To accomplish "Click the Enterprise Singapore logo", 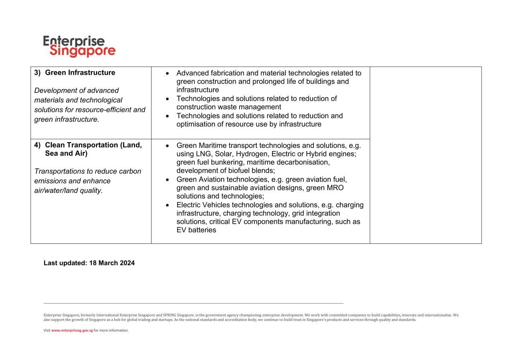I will (79, 46).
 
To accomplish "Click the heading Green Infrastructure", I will (80, 73).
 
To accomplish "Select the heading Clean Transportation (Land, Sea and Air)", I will (93, 149).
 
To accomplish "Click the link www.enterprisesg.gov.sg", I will (72, 331).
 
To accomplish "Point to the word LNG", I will (203, 154).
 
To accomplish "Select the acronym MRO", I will (334, 188).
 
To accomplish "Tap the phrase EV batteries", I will (196, 230).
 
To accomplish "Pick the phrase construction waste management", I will (229, 107).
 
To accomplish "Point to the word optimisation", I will (195, 124).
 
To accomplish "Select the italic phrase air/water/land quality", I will (69, 190).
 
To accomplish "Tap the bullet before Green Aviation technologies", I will (167, 180).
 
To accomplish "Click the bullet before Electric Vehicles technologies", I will (167, 205).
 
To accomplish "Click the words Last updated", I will (65, 263).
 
